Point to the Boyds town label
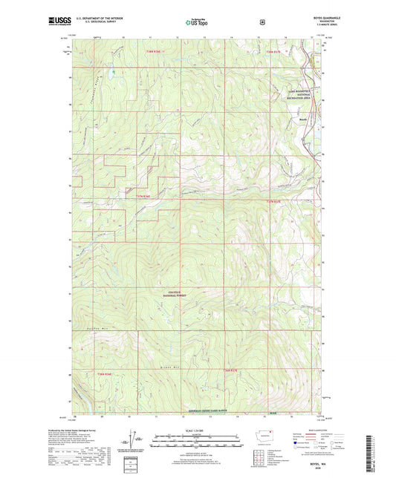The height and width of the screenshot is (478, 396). [303, 119]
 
